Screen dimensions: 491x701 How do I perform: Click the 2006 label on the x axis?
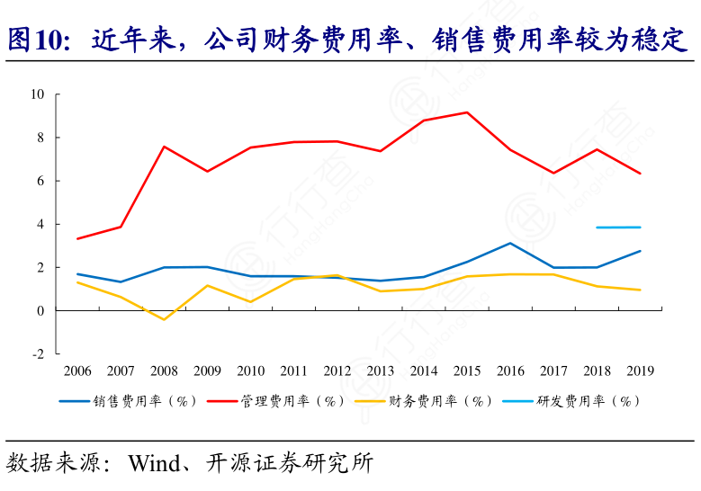[77, 370]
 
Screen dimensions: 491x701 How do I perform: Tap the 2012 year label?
[337, 370]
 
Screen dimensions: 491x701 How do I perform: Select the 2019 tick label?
[640, 370]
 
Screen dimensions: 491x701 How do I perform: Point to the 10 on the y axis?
[38, 94]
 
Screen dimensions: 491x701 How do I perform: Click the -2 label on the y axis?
[39, 354]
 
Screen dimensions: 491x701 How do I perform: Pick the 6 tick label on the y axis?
[41, 181]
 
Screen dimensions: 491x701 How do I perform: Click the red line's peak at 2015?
[467, 112]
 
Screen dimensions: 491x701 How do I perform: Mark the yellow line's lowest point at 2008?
[164, 319]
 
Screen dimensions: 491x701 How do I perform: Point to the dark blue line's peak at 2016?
[510, 243]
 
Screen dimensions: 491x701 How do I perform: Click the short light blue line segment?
[618, 228]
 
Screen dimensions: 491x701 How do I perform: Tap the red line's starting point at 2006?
[77, 238]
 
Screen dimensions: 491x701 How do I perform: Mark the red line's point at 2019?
[640, 174]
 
